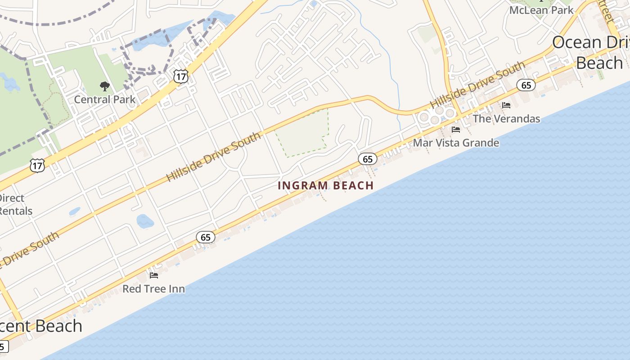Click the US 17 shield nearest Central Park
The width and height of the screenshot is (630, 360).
[180, 76]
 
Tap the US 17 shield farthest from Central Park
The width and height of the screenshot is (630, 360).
[37, 165]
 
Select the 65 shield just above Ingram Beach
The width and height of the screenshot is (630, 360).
[368, 158]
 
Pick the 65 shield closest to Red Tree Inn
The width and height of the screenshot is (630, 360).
[206, 237]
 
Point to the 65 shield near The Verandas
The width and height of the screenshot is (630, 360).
[526, 85]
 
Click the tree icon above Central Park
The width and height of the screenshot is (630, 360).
[104, 86]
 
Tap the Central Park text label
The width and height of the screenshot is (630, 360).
[104, 99]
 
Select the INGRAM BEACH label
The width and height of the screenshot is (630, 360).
[326, 185]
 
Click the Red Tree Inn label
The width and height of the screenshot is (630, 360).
[153, 288]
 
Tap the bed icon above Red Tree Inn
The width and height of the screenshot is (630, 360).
[154, 275]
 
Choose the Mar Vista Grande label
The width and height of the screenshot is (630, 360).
[456, 143]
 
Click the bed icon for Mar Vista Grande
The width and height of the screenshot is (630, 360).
[456, 130]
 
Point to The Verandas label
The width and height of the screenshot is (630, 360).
[506, 119]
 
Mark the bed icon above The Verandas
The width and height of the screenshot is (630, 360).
[506, 105]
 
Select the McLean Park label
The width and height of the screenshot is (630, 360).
[541, 10]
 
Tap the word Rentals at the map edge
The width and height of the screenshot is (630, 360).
[16, 211]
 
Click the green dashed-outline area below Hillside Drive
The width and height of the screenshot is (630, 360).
[301, 133]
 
